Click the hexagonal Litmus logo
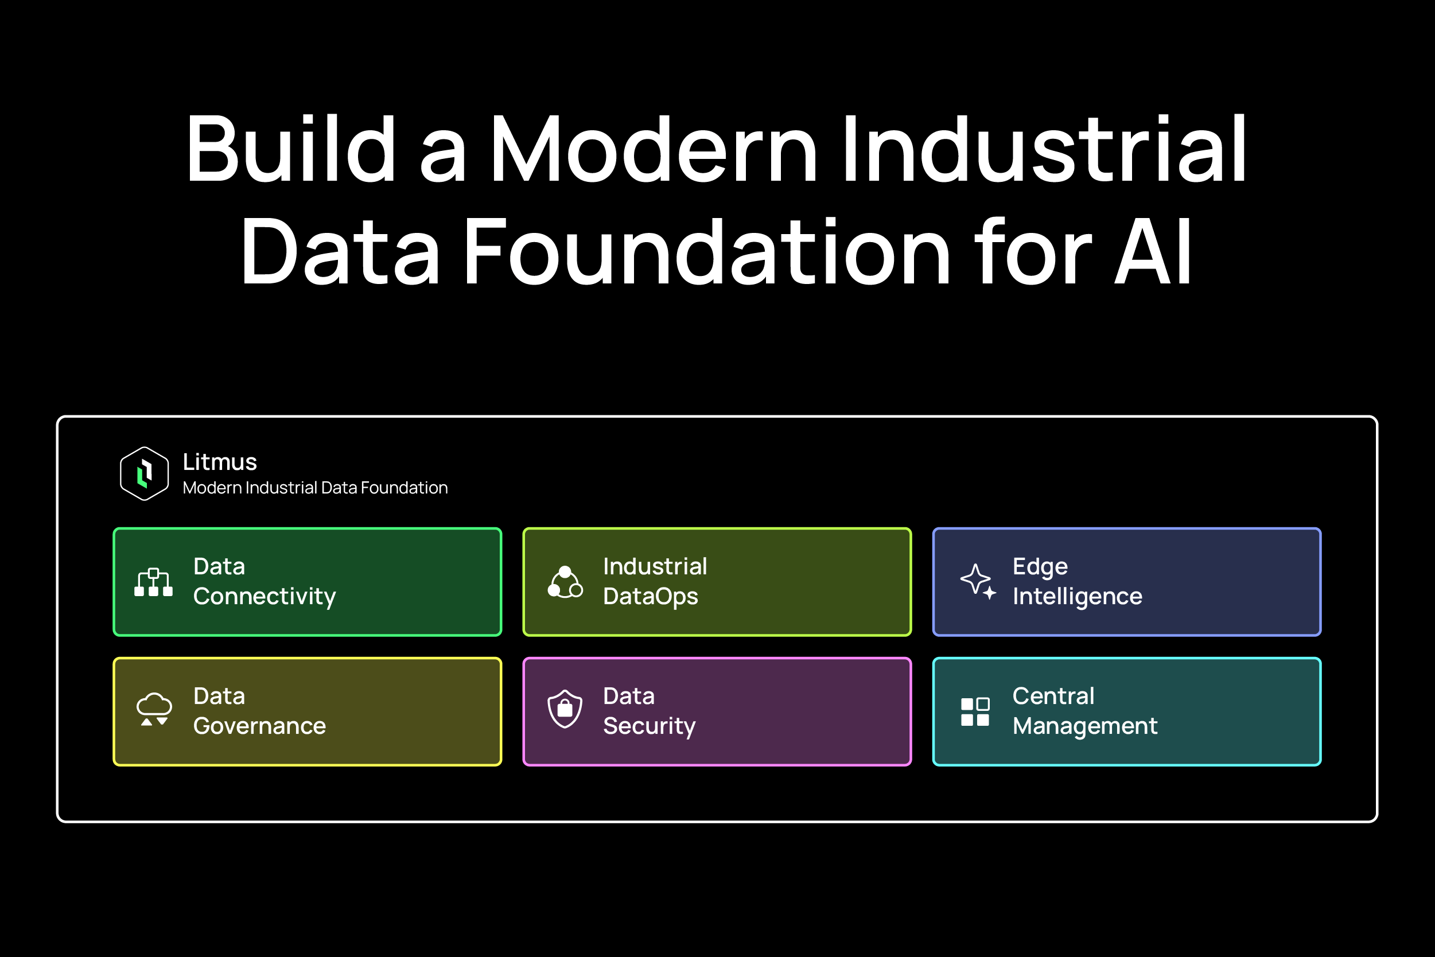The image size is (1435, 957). coord(144,473)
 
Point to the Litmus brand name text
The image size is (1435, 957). coord(220,462)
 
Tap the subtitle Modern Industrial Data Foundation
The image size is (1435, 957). coord(315,488)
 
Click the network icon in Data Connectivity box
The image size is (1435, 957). coord(153,582)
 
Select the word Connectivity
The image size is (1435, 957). coord(265,596)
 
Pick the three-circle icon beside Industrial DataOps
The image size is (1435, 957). coord(565,582)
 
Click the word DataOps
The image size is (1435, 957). coord(650,596)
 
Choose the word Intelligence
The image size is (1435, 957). coord(1078,596)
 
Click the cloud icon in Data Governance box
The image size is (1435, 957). coord(154,709)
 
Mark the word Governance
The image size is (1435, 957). coord(259,726)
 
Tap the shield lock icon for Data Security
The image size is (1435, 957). coord(565,709)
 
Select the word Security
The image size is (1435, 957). coord(649,726)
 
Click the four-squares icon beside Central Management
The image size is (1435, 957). coord(975,711)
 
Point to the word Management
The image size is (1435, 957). coord(1084,726)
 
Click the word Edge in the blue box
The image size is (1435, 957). coord(1040,567)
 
